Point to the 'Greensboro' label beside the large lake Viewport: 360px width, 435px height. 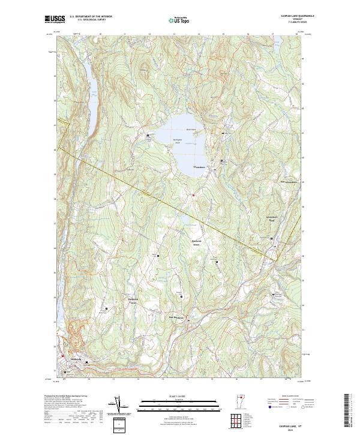(199, 166)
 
